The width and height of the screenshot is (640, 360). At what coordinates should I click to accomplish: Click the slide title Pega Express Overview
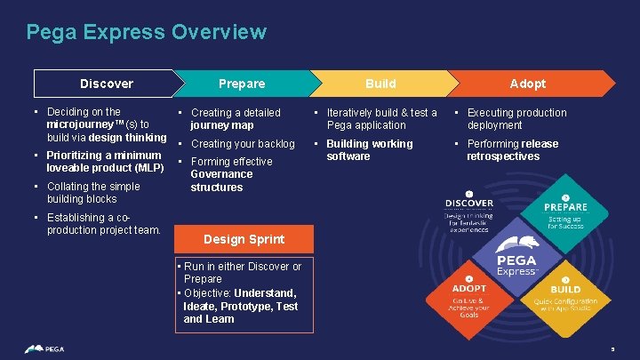(146, 33)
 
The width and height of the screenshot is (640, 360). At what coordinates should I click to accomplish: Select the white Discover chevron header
(106, 84)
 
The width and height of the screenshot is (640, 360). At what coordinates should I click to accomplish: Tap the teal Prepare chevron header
(242, 84)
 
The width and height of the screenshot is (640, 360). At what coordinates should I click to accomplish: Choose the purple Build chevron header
(380, 84)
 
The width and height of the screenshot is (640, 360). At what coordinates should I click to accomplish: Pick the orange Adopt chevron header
(527, 84)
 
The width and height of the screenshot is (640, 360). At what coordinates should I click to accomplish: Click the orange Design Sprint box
(244, 239)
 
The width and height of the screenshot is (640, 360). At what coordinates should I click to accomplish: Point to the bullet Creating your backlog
(243, 144)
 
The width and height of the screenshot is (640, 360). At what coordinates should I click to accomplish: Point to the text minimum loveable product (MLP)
(105, 162)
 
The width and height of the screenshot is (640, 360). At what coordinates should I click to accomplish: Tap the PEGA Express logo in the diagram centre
(516, 253)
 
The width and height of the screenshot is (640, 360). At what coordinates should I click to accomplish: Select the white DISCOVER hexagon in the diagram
(468, 212)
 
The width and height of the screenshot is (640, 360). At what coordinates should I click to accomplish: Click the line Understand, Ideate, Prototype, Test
(240, 299)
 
